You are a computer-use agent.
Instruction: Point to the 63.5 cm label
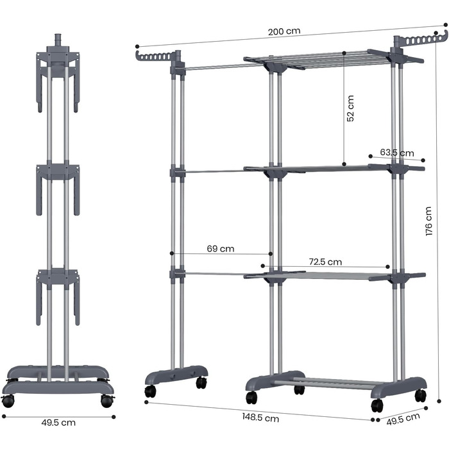point(397,153)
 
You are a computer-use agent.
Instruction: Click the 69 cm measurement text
point(221,248)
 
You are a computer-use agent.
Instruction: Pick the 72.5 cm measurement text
point(325,262)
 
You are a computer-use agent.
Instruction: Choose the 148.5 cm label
point(261,418)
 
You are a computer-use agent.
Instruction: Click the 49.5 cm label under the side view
point(58,423)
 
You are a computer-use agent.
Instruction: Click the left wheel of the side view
point(8,402)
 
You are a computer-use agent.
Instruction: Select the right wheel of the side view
point(106,402)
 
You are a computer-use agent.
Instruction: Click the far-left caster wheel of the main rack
point(150,391)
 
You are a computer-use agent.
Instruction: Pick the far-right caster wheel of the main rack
point(420,395)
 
